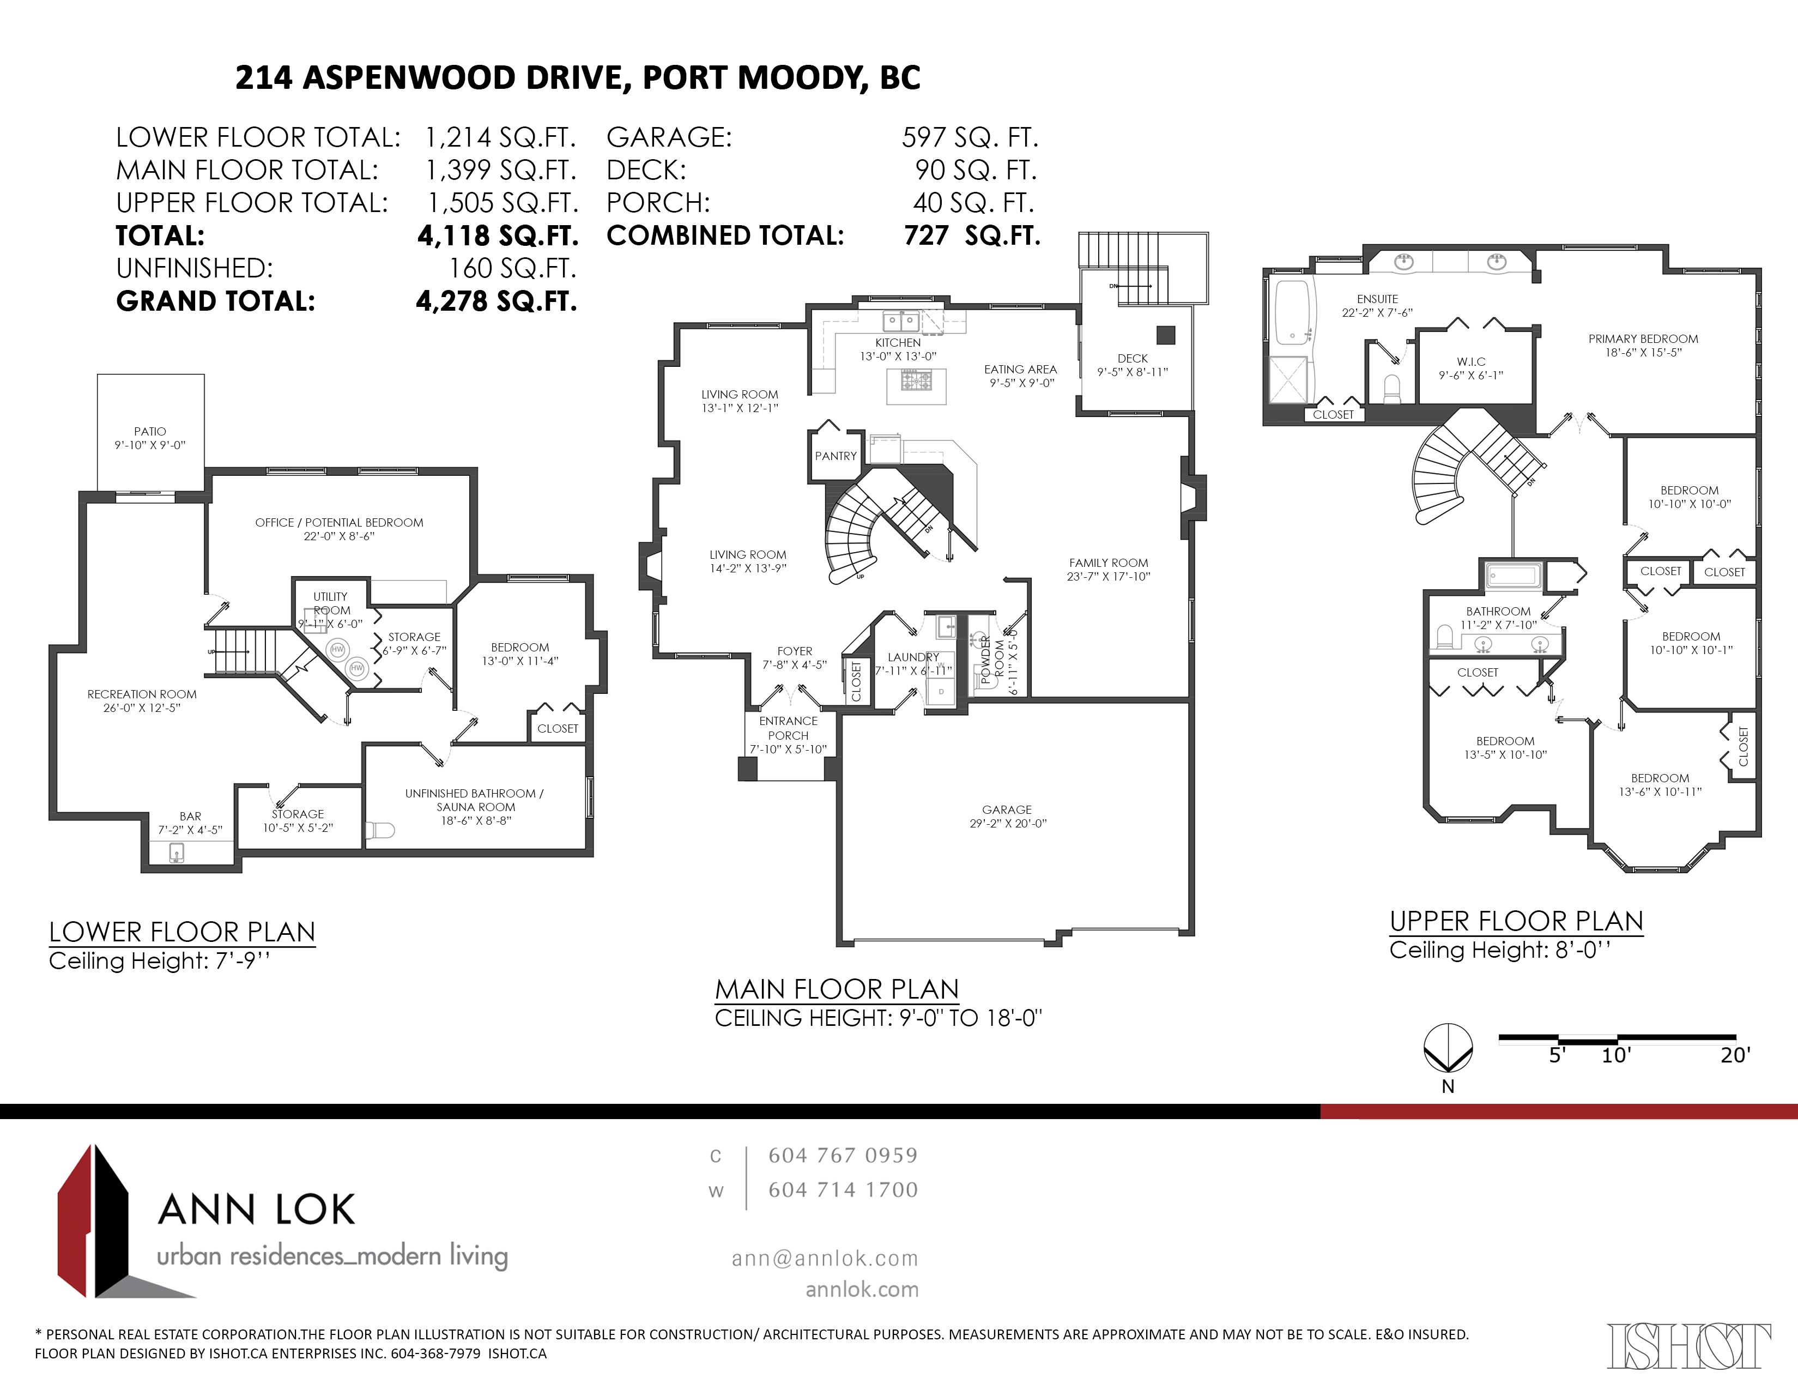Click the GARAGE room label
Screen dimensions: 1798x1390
[x=1006, y=809]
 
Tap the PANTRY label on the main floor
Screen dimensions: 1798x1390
[x=836, y=455]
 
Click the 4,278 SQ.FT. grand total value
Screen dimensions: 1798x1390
[x=497, y=301]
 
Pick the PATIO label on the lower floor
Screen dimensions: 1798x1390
[x=150, y=432]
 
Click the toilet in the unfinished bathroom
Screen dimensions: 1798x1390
[x=379, y=829]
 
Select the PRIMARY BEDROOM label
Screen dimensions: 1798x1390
[x=1643, y=339]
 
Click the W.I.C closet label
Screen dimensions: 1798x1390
[x=1471, y=361]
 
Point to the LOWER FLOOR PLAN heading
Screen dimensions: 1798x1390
[x=182, y=932]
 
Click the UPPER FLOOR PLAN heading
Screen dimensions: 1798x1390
[x=1516, y=921]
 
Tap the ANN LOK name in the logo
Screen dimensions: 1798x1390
[x=256, y=1210]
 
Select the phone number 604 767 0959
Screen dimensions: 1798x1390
[x=843, y=1155]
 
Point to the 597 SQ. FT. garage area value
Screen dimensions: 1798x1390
[x=970, y=137]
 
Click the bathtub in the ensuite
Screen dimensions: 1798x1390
[x=1292, y=313]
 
